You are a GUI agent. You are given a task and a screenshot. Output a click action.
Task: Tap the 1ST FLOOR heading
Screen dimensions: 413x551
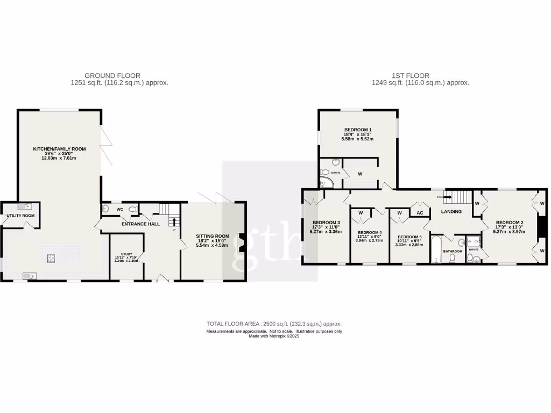click(x=420, y=76)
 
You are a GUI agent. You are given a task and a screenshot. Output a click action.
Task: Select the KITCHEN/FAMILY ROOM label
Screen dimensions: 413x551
click(x=59, y=149)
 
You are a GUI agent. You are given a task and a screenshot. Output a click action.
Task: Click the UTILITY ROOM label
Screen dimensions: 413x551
click(x=20, y=216)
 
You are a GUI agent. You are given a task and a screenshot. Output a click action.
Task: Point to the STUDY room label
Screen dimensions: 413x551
click(x=126, y=257)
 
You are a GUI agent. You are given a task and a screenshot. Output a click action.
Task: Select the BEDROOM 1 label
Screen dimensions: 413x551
click(x=358, y=130)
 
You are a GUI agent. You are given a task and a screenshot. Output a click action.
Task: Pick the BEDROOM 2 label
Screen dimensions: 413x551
click(x=510, y=223)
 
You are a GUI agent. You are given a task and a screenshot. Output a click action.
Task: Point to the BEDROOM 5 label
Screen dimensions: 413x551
click(x=409, y=237)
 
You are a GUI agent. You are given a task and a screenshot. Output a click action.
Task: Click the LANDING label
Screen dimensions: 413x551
click(x=451, y=211)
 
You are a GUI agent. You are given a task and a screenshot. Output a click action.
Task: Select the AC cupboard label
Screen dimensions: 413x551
click(x=420, y=212)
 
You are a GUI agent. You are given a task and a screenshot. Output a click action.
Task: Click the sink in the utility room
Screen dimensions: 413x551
click(x=24, y=206)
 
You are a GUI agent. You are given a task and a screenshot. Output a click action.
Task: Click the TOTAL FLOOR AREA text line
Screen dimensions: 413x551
click(x=274, y=324)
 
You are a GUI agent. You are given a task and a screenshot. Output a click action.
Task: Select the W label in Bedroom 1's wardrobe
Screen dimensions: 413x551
click(x=360, y=174)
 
